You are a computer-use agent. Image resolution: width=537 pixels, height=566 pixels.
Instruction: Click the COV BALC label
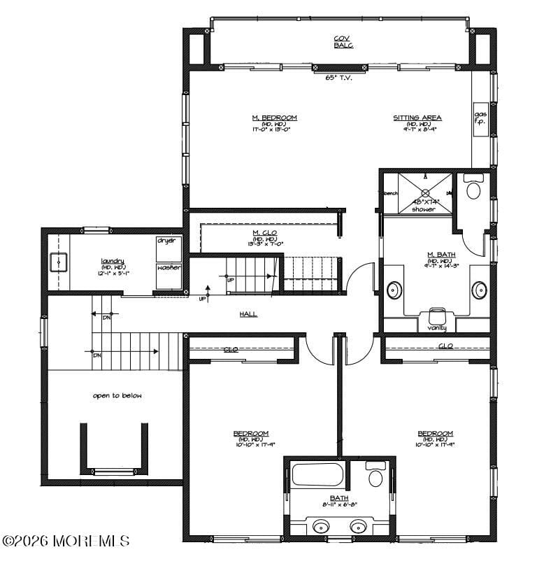[343, 41]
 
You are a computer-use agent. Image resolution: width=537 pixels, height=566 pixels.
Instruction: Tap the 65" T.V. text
[338, 78]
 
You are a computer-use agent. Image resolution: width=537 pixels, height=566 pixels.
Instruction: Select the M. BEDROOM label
[275, 118]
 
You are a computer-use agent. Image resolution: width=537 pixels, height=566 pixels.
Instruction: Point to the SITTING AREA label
[417, 118]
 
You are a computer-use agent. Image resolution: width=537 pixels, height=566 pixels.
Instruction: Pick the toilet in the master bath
[473, 188]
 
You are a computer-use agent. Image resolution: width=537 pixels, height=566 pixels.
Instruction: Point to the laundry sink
[57, 262]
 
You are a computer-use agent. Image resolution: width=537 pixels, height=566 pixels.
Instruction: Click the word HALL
[248, 314]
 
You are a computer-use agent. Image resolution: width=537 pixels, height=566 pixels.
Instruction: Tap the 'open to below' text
[117, 396]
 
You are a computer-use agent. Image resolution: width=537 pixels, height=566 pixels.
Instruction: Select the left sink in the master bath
[394, 289]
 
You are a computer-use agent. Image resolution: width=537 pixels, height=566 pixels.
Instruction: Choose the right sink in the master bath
[479, 289]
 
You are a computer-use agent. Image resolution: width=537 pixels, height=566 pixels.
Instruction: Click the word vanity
[437, 327]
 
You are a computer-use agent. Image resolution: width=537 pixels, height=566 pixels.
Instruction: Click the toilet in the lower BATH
[375, 478]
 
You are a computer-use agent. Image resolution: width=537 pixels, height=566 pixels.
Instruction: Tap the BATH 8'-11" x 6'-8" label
[339, 501]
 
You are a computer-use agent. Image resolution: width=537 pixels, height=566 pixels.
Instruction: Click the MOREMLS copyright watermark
[66, 541]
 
